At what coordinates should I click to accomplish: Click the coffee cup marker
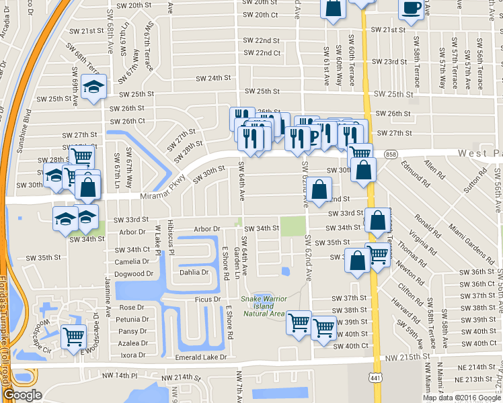pyautogui.click(x=411, y=9)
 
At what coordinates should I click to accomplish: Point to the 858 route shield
pyautogui.click(x=391, y=154)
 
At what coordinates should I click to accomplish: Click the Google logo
pyautogui.click(x=22, y=395)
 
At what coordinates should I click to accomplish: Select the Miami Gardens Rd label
pyautogui.click(x=463, y=242)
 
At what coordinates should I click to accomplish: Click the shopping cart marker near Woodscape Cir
pyautogui.click(x=73, y=336)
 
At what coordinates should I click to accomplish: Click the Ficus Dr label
pyautogui.click(x=208, y=299)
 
